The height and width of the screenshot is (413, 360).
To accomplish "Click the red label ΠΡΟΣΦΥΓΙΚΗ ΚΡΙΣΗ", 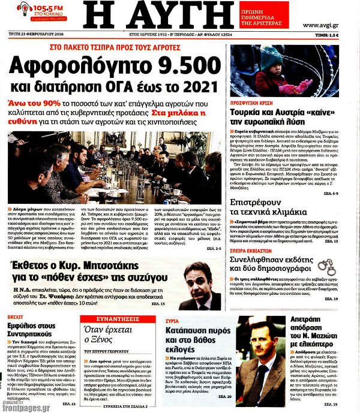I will coord(257,101).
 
